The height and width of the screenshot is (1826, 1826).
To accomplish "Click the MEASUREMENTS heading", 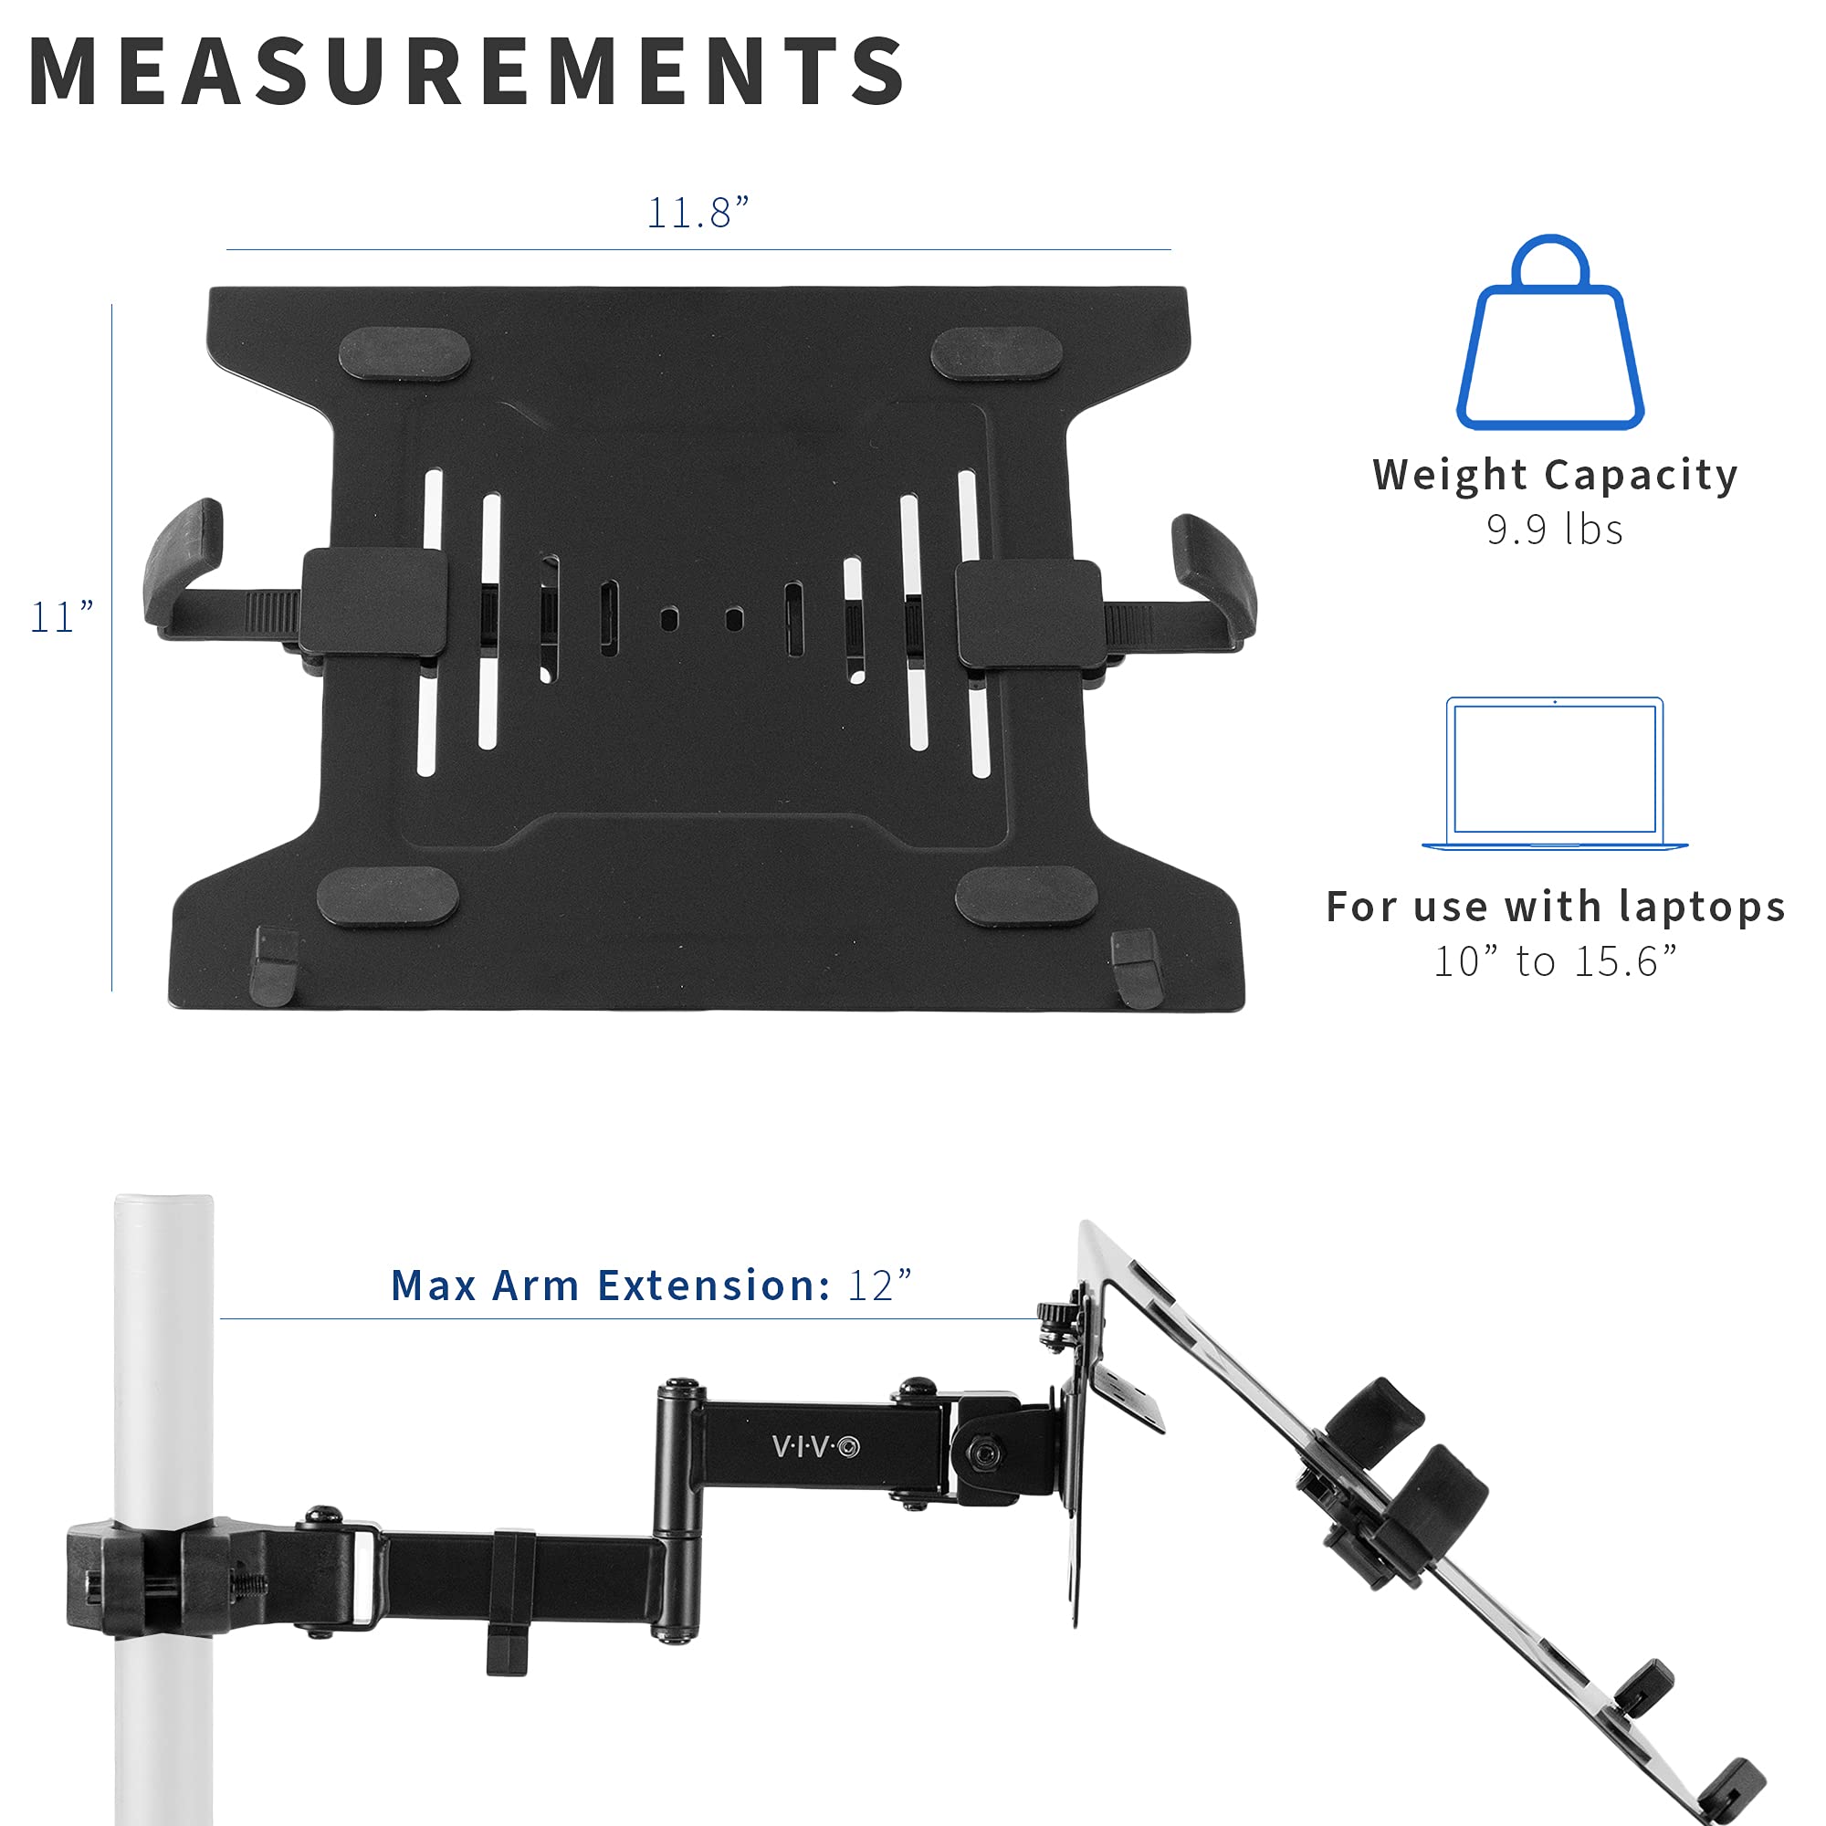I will (467, 72).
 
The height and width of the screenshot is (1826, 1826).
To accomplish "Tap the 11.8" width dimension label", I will (698, 213).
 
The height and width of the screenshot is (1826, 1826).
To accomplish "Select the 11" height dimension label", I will (62, 618).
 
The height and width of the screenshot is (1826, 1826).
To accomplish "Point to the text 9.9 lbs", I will (1555, 530).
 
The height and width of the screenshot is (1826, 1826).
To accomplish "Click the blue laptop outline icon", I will (1555, 774).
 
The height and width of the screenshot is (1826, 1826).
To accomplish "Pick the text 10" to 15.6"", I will (1555, 962).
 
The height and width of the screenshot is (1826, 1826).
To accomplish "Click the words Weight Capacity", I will (1555, 475).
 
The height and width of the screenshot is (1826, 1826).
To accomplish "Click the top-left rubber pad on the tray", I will (404, 354).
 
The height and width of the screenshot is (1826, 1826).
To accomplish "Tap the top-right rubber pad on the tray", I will (996, 353).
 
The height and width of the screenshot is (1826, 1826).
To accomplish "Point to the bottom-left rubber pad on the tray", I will (387, 896).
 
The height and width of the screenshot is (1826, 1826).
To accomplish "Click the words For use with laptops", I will (1555, 908).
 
